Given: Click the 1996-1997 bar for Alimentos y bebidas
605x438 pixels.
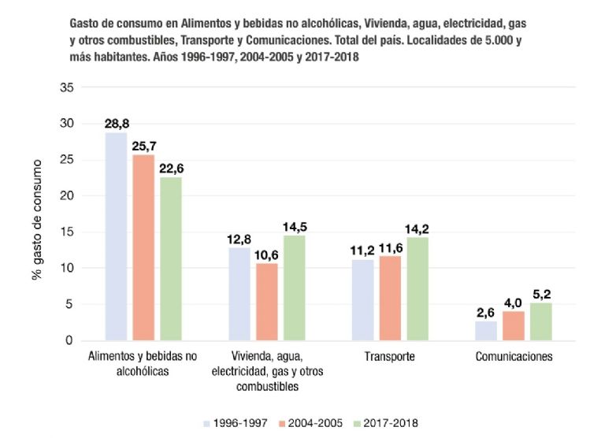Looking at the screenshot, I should tap(116, 236).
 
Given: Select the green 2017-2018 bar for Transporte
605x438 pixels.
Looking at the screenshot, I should tap(418, 288).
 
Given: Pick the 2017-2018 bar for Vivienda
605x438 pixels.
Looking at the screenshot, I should tap(294, 288).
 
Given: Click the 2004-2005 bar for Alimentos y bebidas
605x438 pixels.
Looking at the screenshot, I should tap(143, 247).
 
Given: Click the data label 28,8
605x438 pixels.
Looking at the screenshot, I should tap(117, 124).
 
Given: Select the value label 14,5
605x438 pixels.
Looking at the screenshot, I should tap(295, 228).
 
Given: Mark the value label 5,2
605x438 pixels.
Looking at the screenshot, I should tap(540, 295).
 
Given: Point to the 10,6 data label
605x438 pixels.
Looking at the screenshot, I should tap(267, 255).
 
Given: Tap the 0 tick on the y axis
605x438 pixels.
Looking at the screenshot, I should tap(71, 340).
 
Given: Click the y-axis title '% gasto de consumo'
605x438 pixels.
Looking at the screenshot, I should tap(36, 221).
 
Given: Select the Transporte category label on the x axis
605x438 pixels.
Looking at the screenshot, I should tap(390, 357).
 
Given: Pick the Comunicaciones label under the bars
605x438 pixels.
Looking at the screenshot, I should tap(514, 357).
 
